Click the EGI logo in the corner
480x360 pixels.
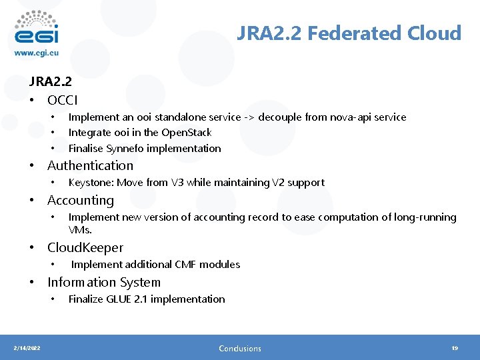click(x=37, y=27)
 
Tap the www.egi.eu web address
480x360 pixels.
click(x=37, y=53)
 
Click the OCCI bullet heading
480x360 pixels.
click(x=63, y=100)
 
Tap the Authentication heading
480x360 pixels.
click(x=90, y=165)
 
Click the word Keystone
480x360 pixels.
click(x=90, y=183)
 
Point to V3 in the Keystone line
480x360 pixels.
click(x=176, y=183)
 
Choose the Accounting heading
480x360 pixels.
click(x=81, y=200)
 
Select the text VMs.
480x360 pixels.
click(x=80, y=229)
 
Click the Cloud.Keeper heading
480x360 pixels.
click(x=85, y=247)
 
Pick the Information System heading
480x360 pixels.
click(x=104, y=282)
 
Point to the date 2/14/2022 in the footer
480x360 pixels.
click(x=27, y=348)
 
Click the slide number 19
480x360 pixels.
click(x=455, y=348)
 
